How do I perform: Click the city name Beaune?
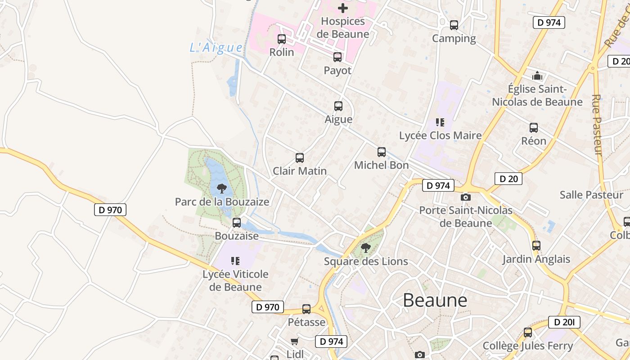pos(435,300)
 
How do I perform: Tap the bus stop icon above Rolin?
pos(282,39)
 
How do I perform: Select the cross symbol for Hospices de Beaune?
pos(343,8)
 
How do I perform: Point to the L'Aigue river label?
pos(216,48)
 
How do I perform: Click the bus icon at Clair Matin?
pos(300,158)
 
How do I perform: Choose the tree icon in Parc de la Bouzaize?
pos(221,189)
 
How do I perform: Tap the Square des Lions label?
pos(366,261)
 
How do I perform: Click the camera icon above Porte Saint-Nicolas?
pos(466,197)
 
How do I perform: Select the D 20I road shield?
pos(564,322)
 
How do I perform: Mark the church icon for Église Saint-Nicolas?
pos(537,76)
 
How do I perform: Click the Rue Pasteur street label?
pos(597,125)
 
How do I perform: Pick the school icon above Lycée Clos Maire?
pos(440,122)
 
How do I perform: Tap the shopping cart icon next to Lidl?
pos(294,341)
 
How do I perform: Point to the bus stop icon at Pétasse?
pos(306,309)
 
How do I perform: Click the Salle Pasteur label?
pos(591,195)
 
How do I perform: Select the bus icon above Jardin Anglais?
pos(536,246)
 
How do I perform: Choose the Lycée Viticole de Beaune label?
pos(235,280)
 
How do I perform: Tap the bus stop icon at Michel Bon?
pos(382,152)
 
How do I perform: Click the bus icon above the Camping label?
pos(454,25)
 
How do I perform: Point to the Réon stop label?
pos(534,141)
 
